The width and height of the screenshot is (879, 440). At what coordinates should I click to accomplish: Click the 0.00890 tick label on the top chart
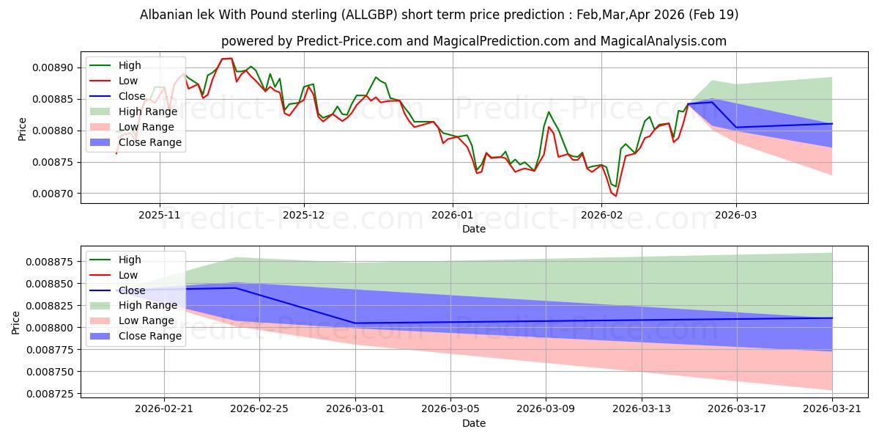pos(53,68)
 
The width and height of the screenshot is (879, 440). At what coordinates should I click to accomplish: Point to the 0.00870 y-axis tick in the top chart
pos(53,194)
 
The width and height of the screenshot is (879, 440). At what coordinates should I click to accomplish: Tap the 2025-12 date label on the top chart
pos(304,216)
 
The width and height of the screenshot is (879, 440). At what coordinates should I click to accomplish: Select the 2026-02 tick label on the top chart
pos(601,216)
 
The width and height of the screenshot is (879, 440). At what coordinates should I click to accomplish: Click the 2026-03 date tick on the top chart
pos(736,216)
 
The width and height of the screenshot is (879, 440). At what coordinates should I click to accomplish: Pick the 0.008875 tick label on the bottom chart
pos(50,262)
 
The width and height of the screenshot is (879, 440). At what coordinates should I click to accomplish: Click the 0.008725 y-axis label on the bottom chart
pos(50,394)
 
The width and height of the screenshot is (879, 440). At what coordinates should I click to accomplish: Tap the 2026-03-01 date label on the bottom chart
pos(355,409)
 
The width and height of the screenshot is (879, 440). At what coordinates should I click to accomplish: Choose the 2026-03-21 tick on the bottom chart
pos(832,409)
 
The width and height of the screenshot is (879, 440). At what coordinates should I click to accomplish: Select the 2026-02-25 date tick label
pos(259,409)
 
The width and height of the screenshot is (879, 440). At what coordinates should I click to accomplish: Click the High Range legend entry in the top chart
pos(133,111)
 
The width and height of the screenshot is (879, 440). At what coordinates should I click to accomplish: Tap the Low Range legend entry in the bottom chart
pos(132,320)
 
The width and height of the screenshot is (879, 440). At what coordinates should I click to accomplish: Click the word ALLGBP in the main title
pos(369,15)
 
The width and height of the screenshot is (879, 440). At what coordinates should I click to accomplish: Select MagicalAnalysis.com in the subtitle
pos(663,41)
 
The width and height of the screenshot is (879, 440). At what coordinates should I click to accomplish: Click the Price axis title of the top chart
pos(22,129)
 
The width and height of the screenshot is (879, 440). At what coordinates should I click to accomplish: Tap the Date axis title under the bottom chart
pos(474,423)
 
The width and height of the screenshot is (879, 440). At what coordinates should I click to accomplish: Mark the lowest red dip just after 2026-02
pos(616,196)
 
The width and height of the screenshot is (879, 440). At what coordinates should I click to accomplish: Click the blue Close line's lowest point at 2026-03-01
pos(355,323)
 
